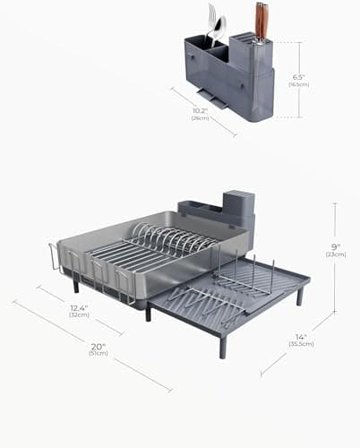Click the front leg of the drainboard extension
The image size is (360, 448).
(222, 345)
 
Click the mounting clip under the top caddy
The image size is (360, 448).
(207, 95)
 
